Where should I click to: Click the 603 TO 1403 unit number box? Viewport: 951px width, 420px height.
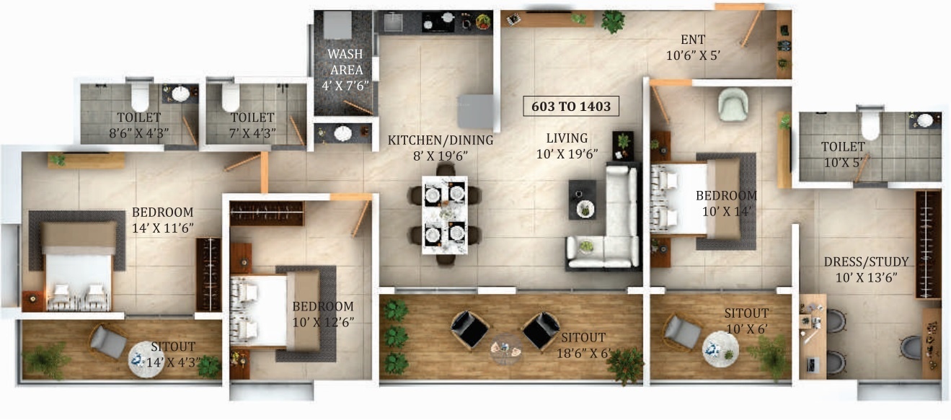point(572,107)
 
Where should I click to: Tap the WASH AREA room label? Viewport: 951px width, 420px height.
point(345,69)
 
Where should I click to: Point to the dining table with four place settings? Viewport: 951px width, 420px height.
point(444,215)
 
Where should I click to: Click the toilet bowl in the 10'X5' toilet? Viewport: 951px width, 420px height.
point(870,125)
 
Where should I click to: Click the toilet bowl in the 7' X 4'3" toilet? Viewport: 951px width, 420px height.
point(230,97)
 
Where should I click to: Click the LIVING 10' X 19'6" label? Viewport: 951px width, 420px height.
point(566,145)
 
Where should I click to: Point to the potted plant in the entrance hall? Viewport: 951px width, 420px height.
point(613,21)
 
